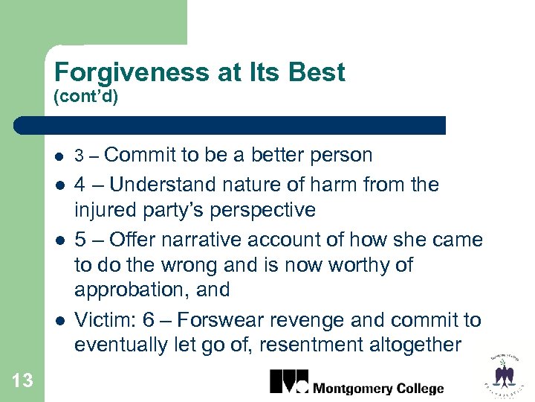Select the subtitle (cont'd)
coord(86,97)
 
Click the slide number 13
coord(22,381)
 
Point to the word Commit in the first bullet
coord(141,155)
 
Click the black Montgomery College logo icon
coord(288,380)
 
